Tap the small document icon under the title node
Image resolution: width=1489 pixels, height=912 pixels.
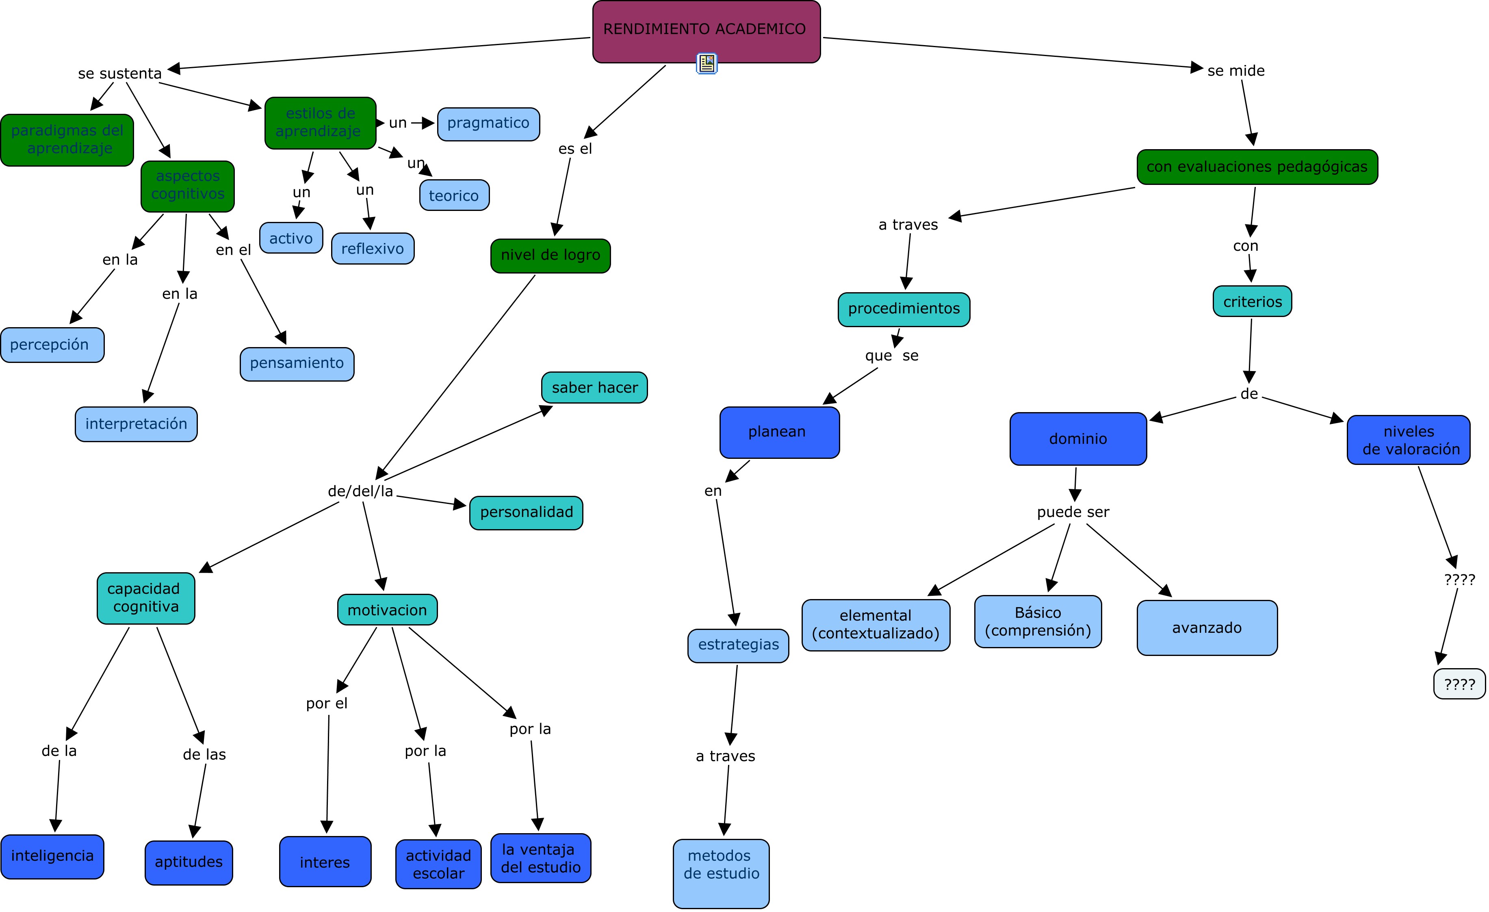point(707,63)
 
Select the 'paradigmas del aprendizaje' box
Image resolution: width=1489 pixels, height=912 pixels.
point(67,140)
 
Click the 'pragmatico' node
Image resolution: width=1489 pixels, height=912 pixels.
point(488,124)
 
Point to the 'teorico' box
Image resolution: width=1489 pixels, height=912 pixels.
point(454,195)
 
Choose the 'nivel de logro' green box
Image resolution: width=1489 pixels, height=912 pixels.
point(551,256)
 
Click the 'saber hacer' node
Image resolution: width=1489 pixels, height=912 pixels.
point(594,387)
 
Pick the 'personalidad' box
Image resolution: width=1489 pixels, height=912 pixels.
point(526,512)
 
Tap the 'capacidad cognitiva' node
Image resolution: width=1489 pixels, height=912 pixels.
point(145,598)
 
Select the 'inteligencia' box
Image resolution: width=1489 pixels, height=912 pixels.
point(52,856)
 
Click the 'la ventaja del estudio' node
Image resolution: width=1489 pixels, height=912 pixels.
point(540,858)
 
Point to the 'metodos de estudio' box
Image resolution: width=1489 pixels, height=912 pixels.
point(721,872)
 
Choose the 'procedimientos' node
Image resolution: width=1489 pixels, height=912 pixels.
point(904,309)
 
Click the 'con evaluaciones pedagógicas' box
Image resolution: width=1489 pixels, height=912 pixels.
point(1257,167)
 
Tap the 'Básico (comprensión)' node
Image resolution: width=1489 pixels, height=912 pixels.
point(1038,621)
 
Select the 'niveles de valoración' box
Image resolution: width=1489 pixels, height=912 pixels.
point(1408,440)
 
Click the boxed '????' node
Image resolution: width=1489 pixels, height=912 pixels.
point(1459,684)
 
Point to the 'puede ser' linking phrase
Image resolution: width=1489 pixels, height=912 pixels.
point(1073,512)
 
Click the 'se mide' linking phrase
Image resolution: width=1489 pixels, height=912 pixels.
point(1235,71)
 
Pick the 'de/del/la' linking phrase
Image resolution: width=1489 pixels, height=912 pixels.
point(360,491)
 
